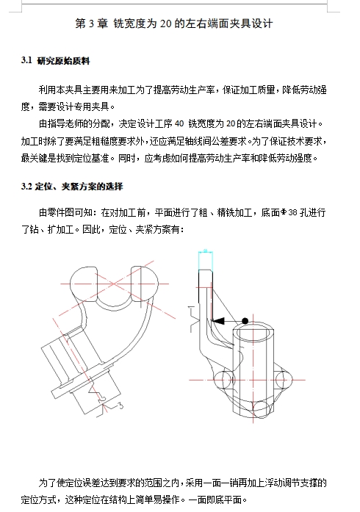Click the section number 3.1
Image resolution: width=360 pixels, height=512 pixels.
(27, 60)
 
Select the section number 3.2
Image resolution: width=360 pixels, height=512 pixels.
(27, 185)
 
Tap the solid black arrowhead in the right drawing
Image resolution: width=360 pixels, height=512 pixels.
(218, 320)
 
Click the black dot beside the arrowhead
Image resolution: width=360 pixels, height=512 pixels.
(244, 321)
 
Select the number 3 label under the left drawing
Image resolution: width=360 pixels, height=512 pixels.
(119, 405)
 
